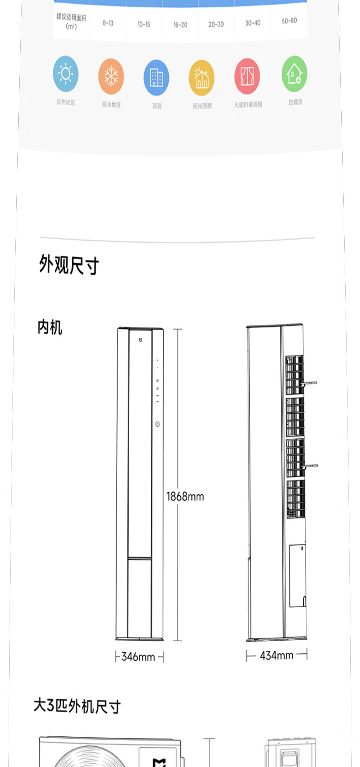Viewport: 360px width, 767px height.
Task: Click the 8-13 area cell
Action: coord(108,23)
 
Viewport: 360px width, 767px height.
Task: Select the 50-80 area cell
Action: coord(289,21)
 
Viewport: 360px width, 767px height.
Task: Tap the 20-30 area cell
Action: coord(216,24)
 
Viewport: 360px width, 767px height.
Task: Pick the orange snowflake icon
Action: coord(111,76)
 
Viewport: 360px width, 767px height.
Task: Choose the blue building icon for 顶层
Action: coord(156,77)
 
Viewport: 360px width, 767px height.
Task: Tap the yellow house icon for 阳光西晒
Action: coord(202,78)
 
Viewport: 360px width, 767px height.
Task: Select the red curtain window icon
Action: coord(247,76)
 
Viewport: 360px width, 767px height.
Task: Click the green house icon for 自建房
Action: coord(294,74)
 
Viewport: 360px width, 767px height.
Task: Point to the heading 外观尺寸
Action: coord(69,265)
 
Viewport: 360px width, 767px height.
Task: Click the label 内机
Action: coord(50,327)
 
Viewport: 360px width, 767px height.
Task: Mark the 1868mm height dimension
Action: coord(185,496)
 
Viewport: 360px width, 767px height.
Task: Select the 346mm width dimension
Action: coord(138,657)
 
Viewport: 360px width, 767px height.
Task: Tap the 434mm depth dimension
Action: coord(276,656)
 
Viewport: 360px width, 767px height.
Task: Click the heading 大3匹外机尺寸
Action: coord(77,706)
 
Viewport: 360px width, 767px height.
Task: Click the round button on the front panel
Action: coord(157,424)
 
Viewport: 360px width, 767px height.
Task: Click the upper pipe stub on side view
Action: coord(309,383)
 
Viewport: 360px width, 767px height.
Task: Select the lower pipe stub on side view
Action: coord(310,465)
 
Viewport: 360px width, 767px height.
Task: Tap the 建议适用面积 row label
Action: coord(71,22)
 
